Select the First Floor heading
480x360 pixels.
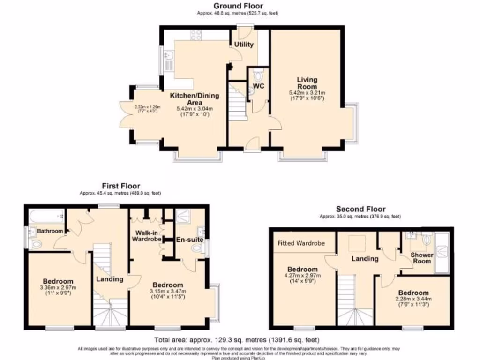(121, 186)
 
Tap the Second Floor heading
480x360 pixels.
(360, 209)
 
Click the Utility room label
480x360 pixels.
(244, 45)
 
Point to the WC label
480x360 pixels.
(259, 86)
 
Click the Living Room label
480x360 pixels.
(307, 83)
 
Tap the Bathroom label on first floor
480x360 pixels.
(50, 231)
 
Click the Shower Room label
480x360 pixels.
(422, 258)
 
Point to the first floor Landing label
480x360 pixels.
(110, 279)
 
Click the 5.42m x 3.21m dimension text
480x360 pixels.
(307, 93)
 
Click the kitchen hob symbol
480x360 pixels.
(196, 34)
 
